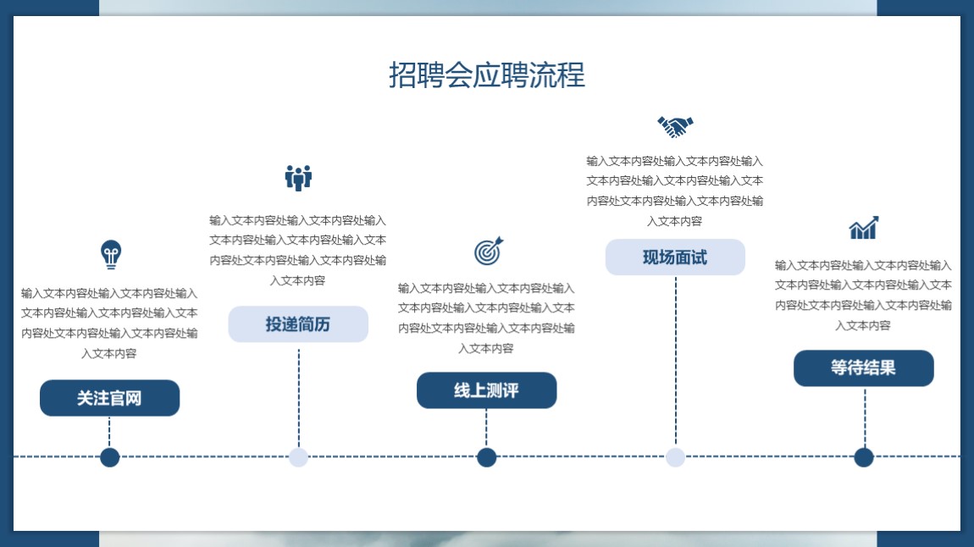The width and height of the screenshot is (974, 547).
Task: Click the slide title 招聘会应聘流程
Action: [x=487, y=75]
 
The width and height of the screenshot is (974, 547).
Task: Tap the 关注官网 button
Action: [x=110, y=398]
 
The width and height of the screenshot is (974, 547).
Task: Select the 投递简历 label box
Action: [x=298, y=324]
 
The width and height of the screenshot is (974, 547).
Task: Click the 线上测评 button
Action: [x=486, y=390]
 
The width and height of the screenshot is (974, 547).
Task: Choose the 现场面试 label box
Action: [x=675, y=257]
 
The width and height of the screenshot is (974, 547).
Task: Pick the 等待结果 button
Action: [x=863, y=368]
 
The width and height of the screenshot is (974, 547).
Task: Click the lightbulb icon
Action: [x=111, y=255]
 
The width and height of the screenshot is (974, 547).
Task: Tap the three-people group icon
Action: [x=298, y=178]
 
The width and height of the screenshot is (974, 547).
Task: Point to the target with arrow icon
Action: [x=488, y=251]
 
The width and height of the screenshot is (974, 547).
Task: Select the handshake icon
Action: [x=675, y=127]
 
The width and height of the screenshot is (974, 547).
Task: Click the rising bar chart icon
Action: [x=864, y=228]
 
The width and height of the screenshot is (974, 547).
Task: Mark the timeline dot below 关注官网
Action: [x=110, y=457]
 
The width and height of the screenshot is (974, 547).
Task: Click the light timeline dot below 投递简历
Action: [x=298, y=457]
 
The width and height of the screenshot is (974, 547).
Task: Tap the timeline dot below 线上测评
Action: [x=486, y=457]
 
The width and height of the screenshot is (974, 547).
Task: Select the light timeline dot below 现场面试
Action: [x=675, y=457]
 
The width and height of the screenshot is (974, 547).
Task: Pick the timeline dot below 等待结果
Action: [x=863, y=457]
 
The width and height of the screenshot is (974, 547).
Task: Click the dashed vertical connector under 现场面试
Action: [x=676, y=362]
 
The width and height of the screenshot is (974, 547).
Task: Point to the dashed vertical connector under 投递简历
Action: [x=299, y=398]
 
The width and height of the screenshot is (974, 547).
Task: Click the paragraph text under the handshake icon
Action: [x=674, y=191]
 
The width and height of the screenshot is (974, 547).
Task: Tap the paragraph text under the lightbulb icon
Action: [x=109, y=323]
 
